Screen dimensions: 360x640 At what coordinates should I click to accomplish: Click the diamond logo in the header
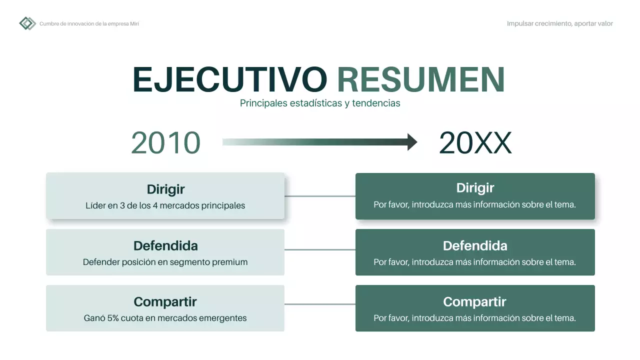coord(27,23)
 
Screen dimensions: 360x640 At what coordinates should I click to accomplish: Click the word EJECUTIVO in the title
coord(230,79)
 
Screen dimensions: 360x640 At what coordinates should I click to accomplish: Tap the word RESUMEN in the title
coord(421,79)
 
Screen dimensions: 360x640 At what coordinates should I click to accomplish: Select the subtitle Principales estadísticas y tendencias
coord(320,103)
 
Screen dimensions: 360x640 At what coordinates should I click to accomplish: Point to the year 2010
coord(165,143)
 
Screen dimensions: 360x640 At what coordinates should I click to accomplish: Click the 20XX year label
coord(475,143)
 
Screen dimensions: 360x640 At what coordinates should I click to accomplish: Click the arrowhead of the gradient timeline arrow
coord(412,142)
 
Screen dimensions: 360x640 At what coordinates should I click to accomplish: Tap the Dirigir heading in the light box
coord(165,189)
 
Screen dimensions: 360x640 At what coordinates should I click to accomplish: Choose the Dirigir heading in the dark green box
coord(475,188)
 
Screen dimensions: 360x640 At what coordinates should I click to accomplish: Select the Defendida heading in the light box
coord(165,246)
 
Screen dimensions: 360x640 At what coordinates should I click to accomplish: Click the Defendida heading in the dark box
coord(475,246)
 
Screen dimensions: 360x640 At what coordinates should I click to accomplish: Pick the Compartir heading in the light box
coord(165,302)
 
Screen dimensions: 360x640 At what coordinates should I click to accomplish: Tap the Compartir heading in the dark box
coord(475,302)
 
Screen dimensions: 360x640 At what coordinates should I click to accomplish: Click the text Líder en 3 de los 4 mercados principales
coord(165,205)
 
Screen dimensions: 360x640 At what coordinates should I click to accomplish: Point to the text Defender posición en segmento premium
coord(165,262)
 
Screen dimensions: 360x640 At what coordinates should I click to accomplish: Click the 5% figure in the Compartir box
coord(113,318)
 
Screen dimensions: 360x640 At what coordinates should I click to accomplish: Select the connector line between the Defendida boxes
coord(320,249)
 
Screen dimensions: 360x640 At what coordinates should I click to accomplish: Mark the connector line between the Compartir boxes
coord(320,304)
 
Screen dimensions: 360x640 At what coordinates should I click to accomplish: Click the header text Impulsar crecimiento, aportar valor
coord(559,23)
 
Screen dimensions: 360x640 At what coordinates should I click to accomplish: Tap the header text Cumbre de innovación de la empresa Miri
coord(89,24)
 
